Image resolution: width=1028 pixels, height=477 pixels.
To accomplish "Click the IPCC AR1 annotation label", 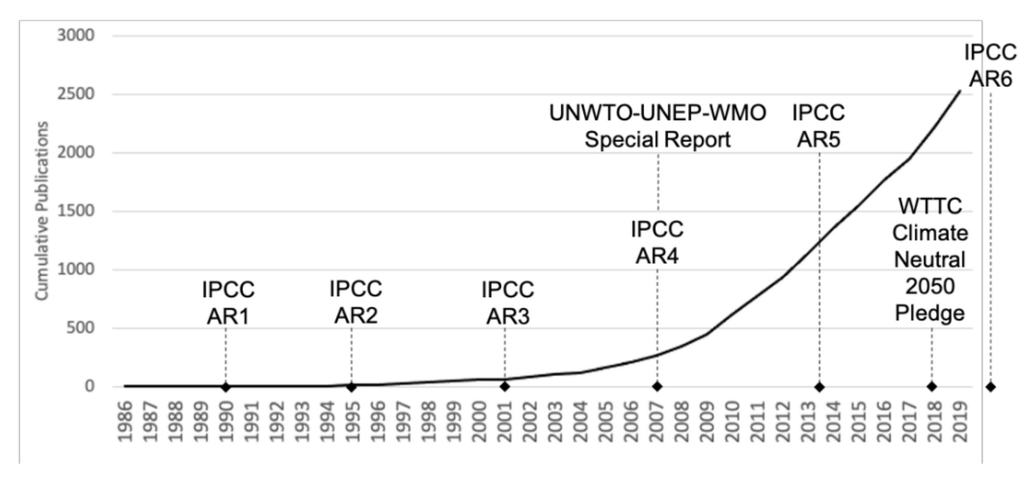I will point(228,303).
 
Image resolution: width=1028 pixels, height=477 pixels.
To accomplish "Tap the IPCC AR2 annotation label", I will point(356,302).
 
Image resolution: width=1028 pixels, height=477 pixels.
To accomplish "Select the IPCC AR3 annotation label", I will point(508,303).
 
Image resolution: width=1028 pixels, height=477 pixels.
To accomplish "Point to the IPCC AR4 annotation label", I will point(657,242).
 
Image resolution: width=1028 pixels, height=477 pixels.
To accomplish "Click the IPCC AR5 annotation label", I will point(819,126).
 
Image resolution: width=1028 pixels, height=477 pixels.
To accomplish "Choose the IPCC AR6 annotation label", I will point(990,65).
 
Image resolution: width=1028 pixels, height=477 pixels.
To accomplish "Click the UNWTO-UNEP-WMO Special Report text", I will point(657,126).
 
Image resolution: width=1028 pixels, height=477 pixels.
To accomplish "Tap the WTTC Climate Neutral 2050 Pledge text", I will point(930,260).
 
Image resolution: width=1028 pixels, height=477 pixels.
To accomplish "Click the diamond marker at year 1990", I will point(226,387).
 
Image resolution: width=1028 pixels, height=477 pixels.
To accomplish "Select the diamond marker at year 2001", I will point(505,386).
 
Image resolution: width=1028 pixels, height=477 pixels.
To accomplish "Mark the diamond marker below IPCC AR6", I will point(990,387).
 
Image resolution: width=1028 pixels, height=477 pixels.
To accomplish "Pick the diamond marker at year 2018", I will point(932,386).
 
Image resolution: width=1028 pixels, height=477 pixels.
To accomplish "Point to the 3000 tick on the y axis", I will point(76,35).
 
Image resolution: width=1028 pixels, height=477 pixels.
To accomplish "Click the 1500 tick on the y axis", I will point(76,211).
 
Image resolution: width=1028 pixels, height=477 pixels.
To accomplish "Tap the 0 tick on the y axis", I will point(89,386).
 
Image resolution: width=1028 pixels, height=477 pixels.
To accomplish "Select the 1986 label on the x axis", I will point(125,421).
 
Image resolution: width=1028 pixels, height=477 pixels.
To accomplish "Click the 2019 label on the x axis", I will point(960,421).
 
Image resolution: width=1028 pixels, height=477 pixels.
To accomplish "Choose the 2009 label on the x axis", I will point(707,421).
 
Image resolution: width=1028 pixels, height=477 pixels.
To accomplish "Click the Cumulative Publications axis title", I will point(42,211).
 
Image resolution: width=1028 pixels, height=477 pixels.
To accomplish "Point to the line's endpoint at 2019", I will point(960,91).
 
